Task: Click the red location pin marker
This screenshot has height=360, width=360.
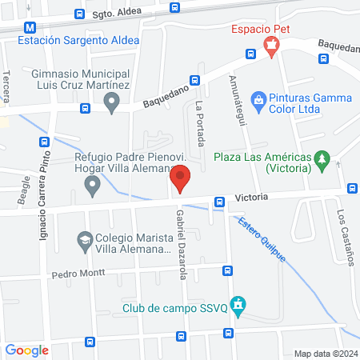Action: [181, 179]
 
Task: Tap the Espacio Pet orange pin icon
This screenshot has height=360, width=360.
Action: [273, 46]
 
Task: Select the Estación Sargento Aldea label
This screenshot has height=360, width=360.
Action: [78, 40]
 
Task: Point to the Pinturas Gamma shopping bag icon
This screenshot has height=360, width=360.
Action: [258, 98]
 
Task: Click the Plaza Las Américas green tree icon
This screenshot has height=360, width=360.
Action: [323, 160]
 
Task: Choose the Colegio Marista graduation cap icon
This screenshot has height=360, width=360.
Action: [84, 239]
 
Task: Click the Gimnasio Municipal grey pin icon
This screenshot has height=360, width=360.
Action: [112, 102]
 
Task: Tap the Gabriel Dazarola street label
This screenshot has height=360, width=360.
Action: [181, 239]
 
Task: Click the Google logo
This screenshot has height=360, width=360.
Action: [27, 350]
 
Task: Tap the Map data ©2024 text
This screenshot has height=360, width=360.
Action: [325, 354]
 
